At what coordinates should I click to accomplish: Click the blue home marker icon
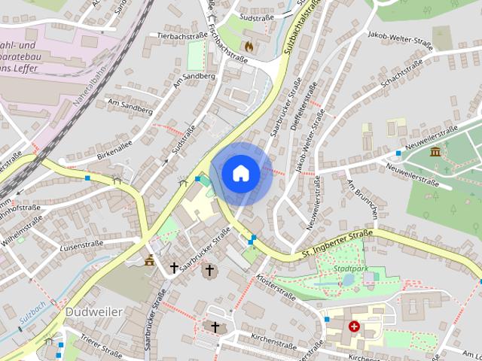[x=241, y=173]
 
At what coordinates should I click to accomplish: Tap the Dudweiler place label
[x=94, y=311]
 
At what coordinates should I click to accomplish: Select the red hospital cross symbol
[x=354, y=326]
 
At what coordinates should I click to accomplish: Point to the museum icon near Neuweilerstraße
[x=435, y=152]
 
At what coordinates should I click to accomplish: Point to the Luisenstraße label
[x=81, y=245]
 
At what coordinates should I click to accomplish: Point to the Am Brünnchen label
[x=361, y=197]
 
